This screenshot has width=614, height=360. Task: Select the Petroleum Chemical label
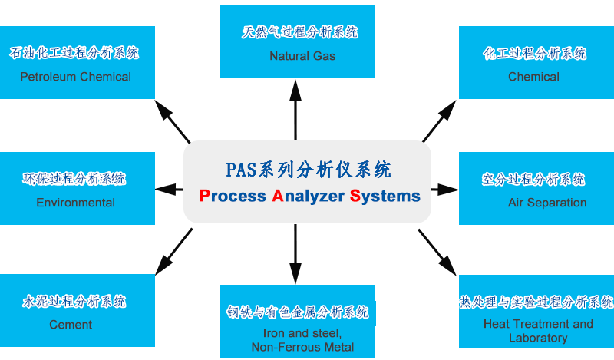[75, 77]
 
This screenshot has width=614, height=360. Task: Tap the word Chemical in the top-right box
[533, 77]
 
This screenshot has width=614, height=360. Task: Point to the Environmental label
[75, 203]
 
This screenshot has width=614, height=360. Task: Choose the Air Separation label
[546, 203]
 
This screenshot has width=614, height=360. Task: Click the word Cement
[71, 324]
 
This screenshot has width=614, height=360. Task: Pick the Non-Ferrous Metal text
[302, 347]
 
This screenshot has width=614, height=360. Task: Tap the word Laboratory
[537, 338]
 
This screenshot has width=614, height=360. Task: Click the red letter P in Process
[203, 196]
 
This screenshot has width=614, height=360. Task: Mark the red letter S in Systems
[355, 196]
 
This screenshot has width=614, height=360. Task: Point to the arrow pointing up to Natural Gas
[295, 107]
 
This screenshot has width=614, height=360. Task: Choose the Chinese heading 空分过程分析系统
[534, 179]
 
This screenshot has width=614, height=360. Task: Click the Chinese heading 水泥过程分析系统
[74, 301]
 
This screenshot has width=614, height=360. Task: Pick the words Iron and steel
[297, 333]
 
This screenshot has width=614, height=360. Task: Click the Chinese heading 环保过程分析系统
[74, 179]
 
